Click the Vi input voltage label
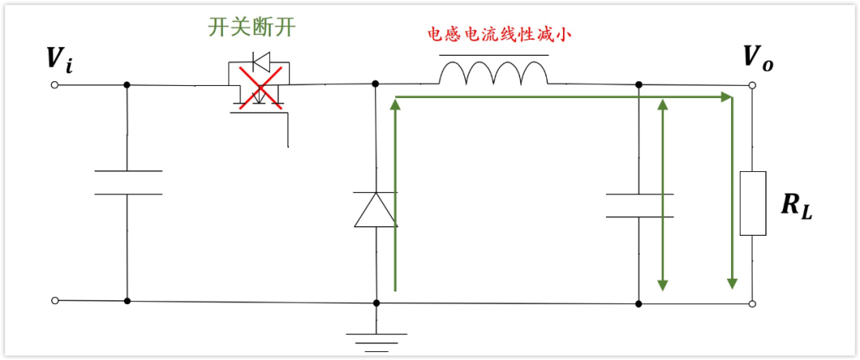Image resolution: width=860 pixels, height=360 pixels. [x=61, y=59]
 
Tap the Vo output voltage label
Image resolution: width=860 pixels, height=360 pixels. [x=757, y=57]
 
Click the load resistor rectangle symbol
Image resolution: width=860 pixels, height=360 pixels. [x=752, y=203]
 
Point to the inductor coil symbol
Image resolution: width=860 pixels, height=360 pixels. [x=494, y=72]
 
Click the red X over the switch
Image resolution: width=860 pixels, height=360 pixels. [x=260, y=85]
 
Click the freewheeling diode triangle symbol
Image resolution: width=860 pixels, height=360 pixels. [x=375, y=209]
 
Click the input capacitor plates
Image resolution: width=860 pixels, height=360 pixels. [x=127, y=182]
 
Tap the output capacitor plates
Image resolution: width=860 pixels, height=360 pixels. [x=639, y=205]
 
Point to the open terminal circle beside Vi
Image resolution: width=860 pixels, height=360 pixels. [x=55, y=84]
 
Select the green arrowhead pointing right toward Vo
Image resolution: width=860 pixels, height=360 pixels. [x=725, y=97]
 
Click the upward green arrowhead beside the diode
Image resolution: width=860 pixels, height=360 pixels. [x=395, y=105]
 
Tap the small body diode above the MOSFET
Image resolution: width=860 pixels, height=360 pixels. [x=260, y=61]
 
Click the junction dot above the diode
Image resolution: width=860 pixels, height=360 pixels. [x=375, y=83]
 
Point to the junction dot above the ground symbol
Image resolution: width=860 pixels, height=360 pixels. [x=376, y=303]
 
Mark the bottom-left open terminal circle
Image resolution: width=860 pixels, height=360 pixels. [x=55, y=300]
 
